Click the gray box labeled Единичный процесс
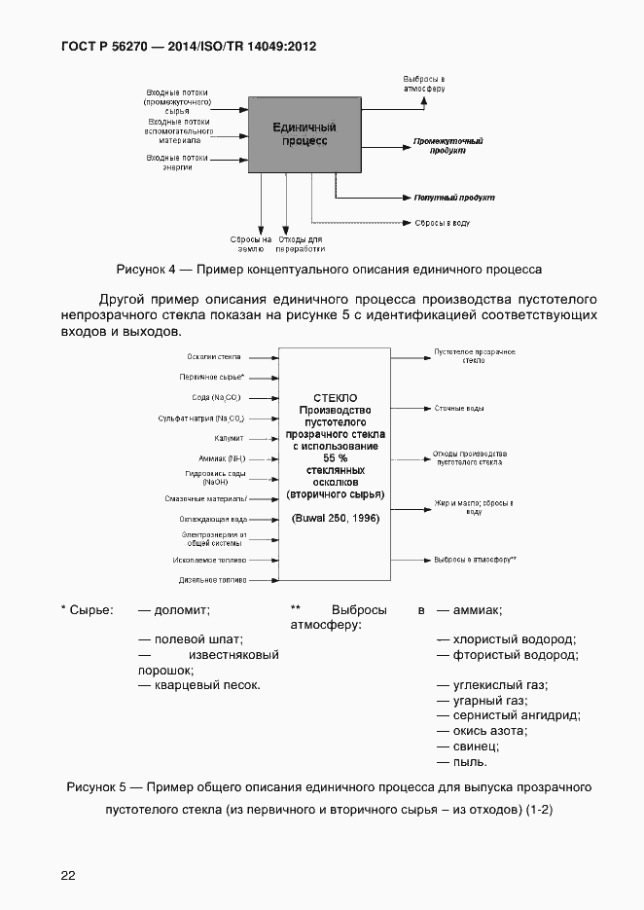click(304, 134)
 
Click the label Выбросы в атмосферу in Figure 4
click(424, 83)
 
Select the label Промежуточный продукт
click(447, 146)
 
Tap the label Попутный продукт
click(453, 198)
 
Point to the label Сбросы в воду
click(442, 223)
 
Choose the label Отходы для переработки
click(301, 243)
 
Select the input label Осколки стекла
click(214, 357)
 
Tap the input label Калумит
click(228, 438)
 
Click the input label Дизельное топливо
click(212, 580)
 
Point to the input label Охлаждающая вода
click(212, 519)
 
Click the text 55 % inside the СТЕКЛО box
click(335, 457)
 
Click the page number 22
click(68, 875)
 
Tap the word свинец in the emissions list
click(476, 746)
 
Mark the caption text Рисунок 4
click(146, 269)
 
